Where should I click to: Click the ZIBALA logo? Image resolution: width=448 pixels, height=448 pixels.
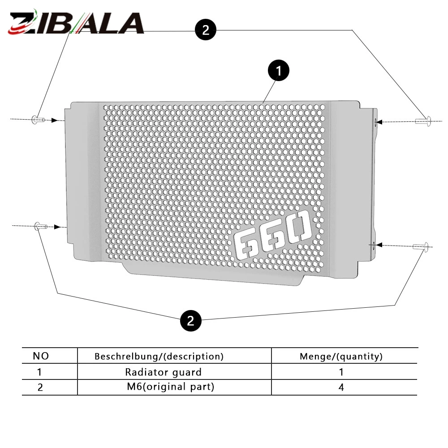click(x=76, y=22)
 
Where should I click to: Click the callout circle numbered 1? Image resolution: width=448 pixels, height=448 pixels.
click(x=279, y=70)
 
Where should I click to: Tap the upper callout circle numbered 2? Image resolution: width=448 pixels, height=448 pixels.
click(x=206, y=30)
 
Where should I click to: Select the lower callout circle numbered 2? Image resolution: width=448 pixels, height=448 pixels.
click(x=191, y=321)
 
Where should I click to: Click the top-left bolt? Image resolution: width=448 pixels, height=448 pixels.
click(x=38, y=120)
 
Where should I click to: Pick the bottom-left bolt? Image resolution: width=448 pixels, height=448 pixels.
click(x=41, y=226)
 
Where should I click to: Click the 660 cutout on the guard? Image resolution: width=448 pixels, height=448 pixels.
click(x=272, y=235)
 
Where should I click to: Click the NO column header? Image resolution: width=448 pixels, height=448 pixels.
click(x=41, y=356)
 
